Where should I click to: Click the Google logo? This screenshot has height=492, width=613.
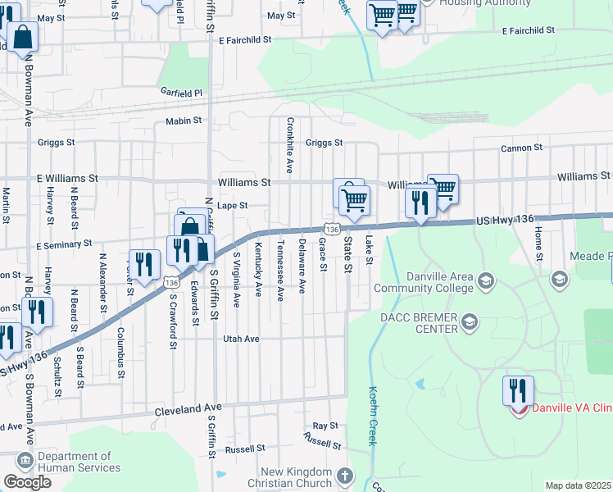pos(27,482)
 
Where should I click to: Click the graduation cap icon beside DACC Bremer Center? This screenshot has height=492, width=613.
pos(470,319)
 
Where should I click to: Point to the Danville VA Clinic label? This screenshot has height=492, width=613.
pos(572,408)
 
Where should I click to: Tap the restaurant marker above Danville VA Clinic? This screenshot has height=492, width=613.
pos(518,391)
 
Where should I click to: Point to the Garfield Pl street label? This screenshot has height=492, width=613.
pos(181,93)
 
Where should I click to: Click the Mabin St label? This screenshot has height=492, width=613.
pos(184,121)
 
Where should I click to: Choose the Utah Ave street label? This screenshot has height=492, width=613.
pos(241,338)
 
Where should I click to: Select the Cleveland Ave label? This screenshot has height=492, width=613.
pos(188,407)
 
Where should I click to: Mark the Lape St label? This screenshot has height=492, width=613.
pos(232,206)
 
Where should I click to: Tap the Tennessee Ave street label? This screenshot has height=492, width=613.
pos(280,271)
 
